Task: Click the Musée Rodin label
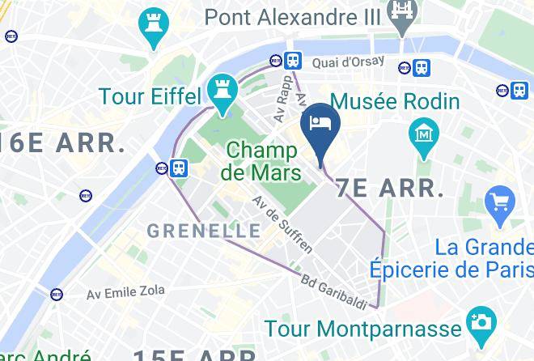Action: (x=396, y=102)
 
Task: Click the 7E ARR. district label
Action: (x=390, y=188)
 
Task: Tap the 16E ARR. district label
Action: (x=62, y=143)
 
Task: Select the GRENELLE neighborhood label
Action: (x=205, y=231)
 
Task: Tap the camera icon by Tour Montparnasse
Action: (x=481, y=323)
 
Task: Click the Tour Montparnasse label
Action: (x=365, y=329)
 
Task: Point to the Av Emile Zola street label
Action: (x=125, y=291)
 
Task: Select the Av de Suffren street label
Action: (x=282, y=223)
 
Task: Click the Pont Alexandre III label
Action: (x=296, y=15)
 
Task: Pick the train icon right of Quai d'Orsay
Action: (x=422, y=68)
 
